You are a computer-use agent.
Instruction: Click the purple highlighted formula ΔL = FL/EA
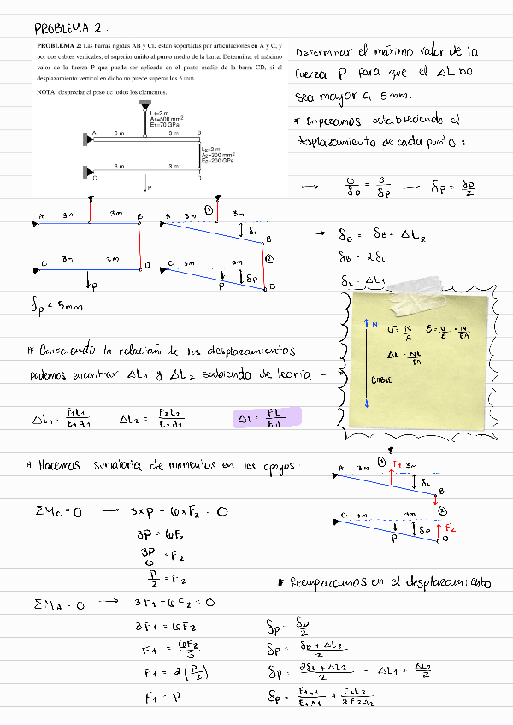(x=267, y=418)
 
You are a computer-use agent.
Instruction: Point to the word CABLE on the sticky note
(x=381, y=379)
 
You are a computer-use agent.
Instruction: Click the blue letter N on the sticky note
(x=376, y=323)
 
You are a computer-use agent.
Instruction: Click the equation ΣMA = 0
(x=59, y=603)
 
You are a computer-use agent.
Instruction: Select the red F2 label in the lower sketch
(x=451, y=530)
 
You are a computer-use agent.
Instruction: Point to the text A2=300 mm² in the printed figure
(x=218, y=155)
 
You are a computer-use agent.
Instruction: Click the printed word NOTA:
(x=47, y=91)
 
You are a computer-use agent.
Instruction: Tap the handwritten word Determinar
(x=323, y=53)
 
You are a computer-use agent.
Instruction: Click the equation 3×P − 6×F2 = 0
(x=179, y=511)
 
